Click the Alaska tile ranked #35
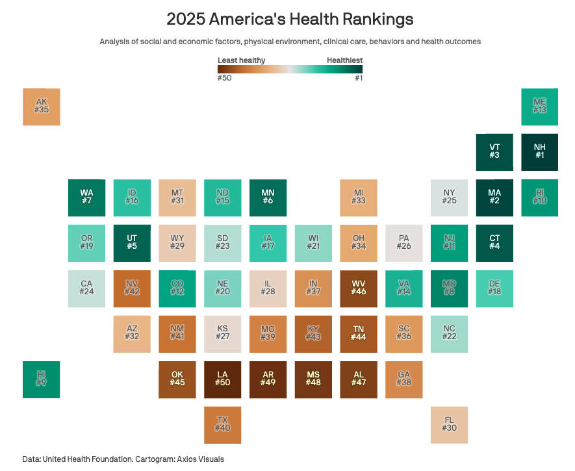pyautogui.click(x=42, y=107)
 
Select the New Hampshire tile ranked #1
pyautogui.click(x=539, y=152)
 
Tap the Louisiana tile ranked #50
pyautogui.click(x=222, y=379)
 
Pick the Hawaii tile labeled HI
pyautogui.click(x=42, y=379)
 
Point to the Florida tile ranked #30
pyautogui.click(x=449, y=425)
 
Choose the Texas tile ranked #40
pyautogui.click(x=222, y=425)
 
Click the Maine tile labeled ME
pyautogui.click(x=539, y=107)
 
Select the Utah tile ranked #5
pyautogui.click(x=132, y=243)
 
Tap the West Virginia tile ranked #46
pyautogui.click(x=358, y=288)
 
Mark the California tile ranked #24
pyautogui.click(x=86, y=288)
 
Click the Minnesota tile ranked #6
pyautogui.click(x=268, y=197)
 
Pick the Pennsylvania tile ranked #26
pyautogui.click(x=403, y=243)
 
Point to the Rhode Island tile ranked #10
pyautogui.click(x=539, y=197)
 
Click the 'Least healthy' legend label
pyautogui.click(x=241, y=60)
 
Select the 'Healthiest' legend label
pyautogui.click(x=344, y=60)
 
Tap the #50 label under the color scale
pyautogui.click(x=225, y=78)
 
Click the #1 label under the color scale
pyautogui.click(x=358, y=78)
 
